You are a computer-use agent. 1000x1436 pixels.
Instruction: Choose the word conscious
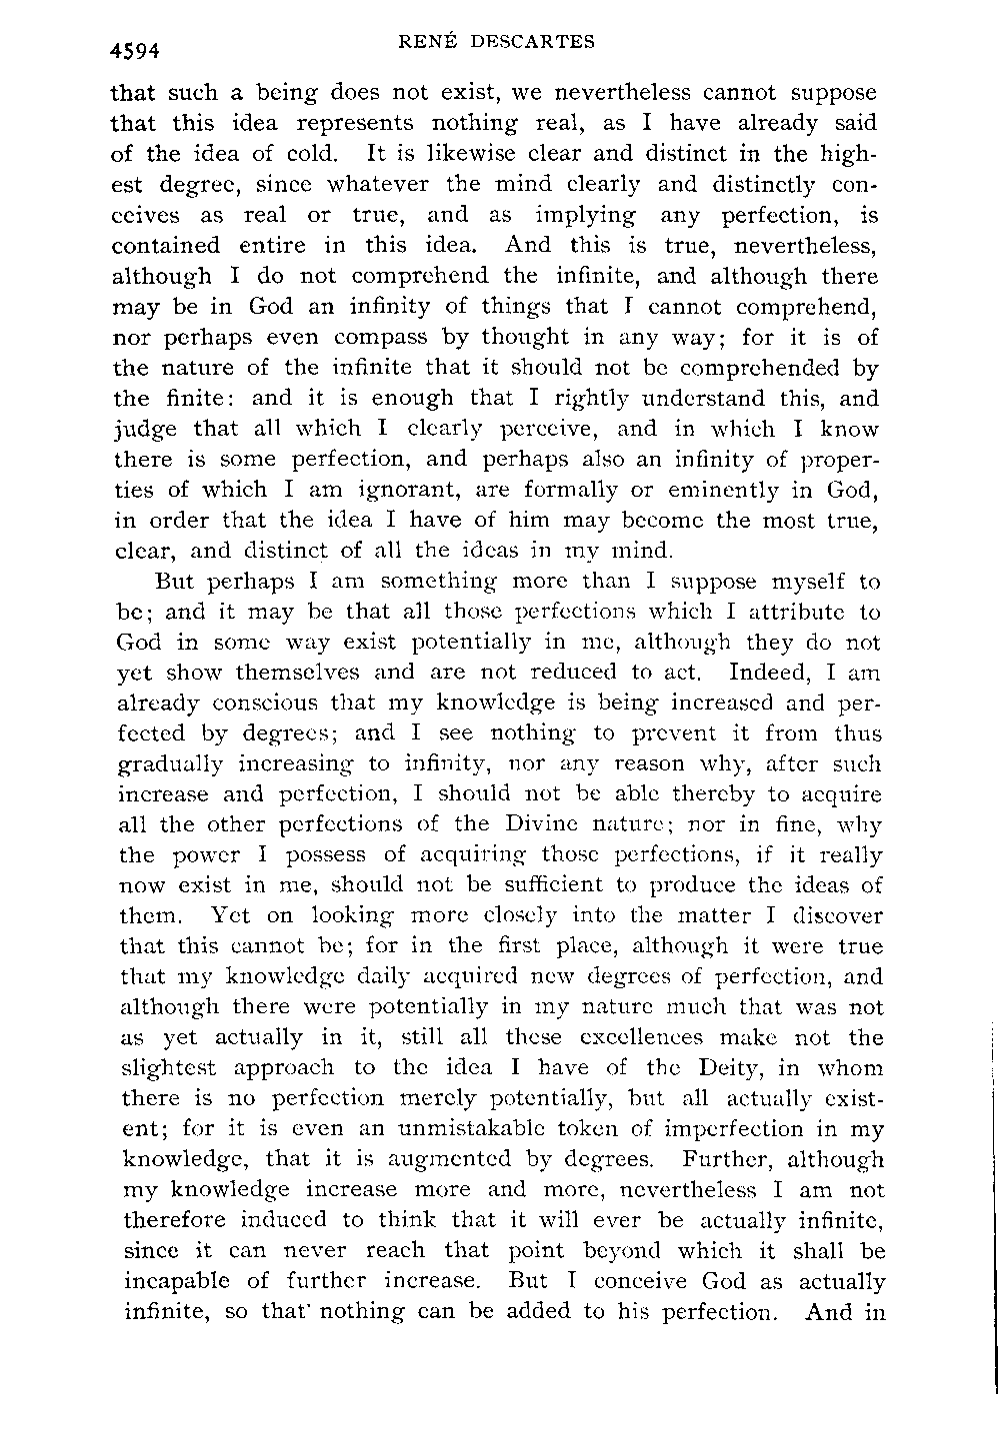click(243, 704)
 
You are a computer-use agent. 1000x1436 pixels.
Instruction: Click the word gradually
click(167, 764)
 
